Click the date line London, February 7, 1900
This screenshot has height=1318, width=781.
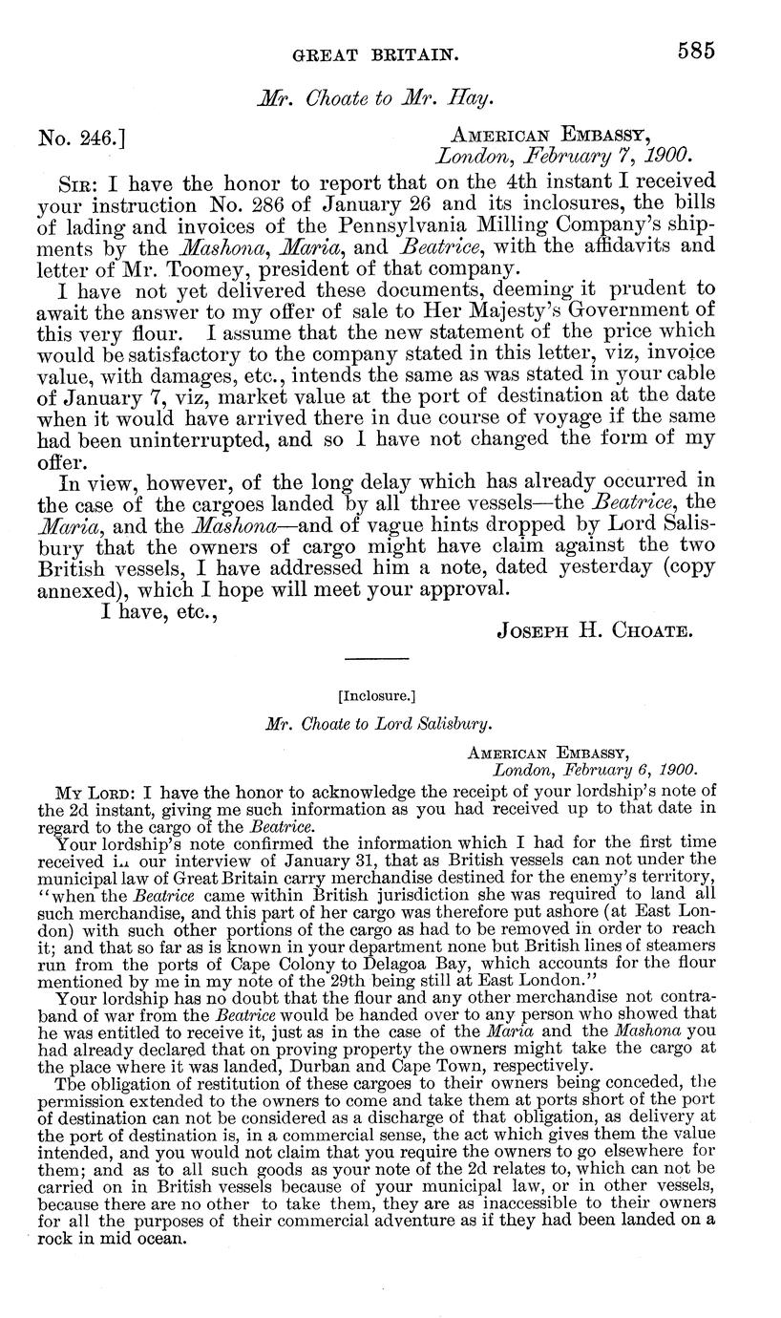(562, 155)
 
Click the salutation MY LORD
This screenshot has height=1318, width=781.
(87, 793)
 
